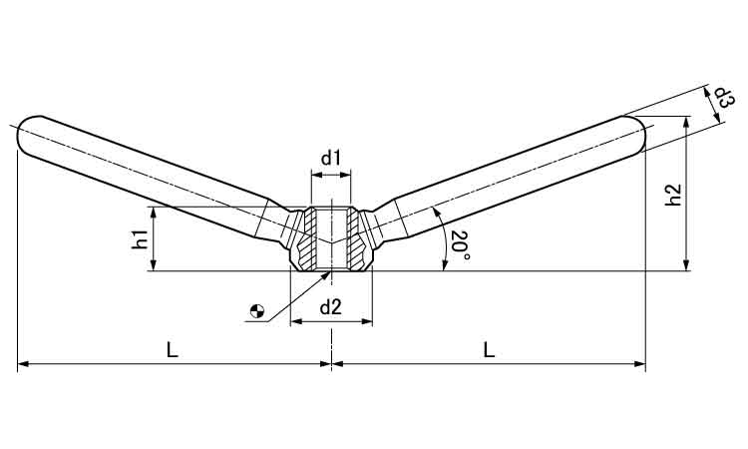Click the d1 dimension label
pyautogui.click(x=330, y=158)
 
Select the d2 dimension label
pyautogui.click(x=330, y=307)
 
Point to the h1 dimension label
pyautogui.click(x=141, y=238)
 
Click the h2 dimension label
pyautogui.click(x=673, y=195)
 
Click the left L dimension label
pyautogui.click(x=173, y=350)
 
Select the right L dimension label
pyautogui.click(x=489, y=350)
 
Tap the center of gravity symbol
pyautogui.click(x=257, y=311)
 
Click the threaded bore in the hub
pyautogui.click(x=331, y=238)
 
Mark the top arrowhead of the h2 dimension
pyautogui.click(x=686, y=121)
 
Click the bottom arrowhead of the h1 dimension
pyautogui.click(x=154, y=265)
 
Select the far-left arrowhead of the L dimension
pyautogui.click(x=23, y=364)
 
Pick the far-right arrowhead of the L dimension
pyautogui.click(x=639, y=364)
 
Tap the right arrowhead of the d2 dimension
pyautogui.click(x=367, y=321)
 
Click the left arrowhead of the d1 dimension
pyautogui.click(x=316, y=176)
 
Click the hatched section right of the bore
pyautogui.click(x=356, y=239)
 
